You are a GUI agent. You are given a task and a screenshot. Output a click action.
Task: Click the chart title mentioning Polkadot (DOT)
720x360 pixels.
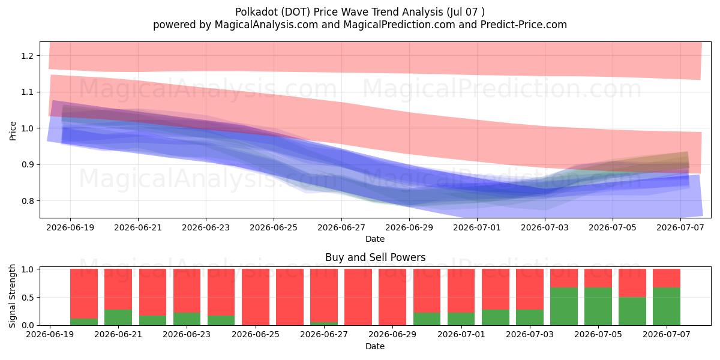pos(359,12)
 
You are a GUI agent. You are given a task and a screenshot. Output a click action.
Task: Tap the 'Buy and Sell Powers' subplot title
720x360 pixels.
pos(375,257)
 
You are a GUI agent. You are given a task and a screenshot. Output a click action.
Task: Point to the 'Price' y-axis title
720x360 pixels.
pos(13,131)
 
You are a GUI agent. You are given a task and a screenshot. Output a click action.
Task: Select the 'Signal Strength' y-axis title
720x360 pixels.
pos(12,296)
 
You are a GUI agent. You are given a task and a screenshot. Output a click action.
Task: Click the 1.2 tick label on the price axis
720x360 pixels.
pos(27,56)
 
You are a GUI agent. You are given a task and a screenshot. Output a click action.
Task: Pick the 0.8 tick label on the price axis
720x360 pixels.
pos(27,201)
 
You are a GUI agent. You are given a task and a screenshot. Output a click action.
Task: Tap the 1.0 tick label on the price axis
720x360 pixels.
pos(27,128)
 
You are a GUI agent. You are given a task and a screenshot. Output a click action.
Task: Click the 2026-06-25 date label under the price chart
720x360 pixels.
pos(274,227)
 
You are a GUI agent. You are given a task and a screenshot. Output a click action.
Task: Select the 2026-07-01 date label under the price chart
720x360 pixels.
pos(476,227)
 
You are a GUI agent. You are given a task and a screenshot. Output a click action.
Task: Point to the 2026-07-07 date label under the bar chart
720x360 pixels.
pos(667,334)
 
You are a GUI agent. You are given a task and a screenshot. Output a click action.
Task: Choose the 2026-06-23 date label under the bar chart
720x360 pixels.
pos(187,334)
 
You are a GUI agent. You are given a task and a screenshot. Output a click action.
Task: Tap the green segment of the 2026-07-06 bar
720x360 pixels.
pos(632,311)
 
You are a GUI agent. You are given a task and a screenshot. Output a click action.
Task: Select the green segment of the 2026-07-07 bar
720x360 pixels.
pos(667,307)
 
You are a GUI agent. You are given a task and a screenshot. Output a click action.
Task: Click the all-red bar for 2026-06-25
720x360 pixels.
pos(256,297)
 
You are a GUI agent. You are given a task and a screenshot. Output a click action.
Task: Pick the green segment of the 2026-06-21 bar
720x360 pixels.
pos(118,317)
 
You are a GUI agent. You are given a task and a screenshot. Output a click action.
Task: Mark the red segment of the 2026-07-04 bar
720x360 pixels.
pos(564,278)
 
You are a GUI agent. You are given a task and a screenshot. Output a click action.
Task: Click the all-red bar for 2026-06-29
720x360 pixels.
pos(392,297)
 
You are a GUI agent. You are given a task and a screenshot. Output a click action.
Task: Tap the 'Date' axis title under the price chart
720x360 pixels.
pos(375,239)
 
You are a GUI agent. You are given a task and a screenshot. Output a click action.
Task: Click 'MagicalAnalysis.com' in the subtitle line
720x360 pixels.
pos(266,25)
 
